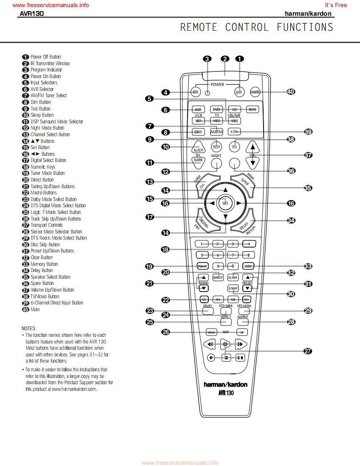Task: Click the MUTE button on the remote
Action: [x=255, y=92]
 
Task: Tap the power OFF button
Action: [x=239, y=92]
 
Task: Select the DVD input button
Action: [x=216, y=109]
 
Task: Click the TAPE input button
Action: [x=252, y=109]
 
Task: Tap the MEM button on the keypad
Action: [x=249, y=266]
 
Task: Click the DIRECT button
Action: [x=218, y=277]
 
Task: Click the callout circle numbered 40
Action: [x=291, y=92]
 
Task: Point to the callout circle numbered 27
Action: [x=308, y=351]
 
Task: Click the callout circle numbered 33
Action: [x=308, y=266]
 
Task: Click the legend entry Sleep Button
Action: [x=42, y=115]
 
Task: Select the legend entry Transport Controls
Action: [x=47, y=225]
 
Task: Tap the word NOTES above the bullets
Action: [x=29, y=328]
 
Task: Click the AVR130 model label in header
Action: [x=32, y=14]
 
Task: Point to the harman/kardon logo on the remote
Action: [x=225, y=385]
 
